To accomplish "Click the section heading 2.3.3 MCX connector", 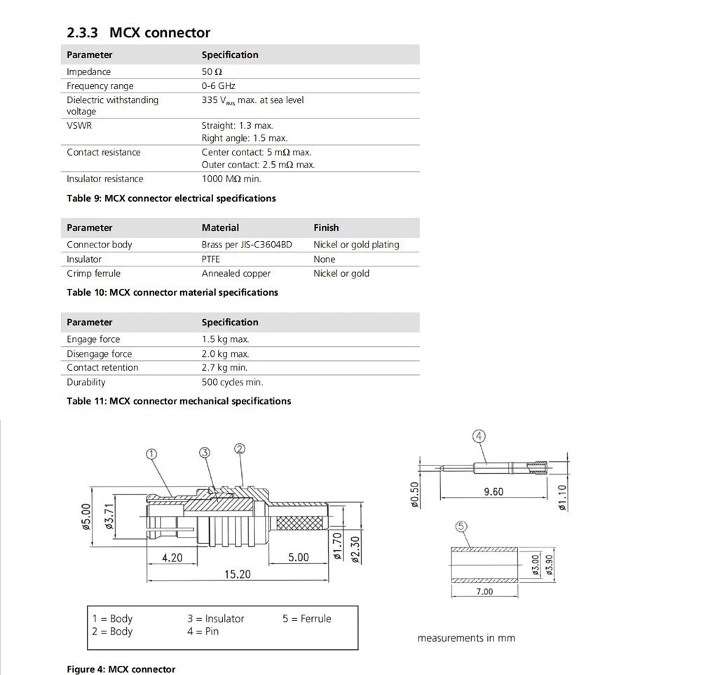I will tap(138, 32).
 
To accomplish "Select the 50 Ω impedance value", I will tap(212, 71).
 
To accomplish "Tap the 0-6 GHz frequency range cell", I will tap(218, 86).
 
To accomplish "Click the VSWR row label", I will tap(79, 125).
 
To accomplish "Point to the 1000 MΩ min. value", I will tap(231, 179).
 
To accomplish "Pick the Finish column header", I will tap(326, 228).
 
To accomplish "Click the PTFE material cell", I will tap(211, 259).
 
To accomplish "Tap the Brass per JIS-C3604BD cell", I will tap(246, 245).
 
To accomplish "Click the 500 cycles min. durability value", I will tap(232, 382).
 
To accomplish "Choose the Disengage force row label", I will tap(99, 354).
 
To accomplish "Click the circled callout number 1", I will tap(151, 453).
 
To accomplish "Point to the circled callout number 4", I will tap(479, 436).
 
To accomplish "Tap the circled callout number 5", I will tap(461, 526).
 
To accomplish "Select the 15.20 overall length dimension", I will tap(237, 574).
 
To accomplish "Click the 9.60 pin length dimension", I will tap(494, 491).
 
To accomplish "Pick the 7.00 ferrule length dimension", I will tap(484, 592).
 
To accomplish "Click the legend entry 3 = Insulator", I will tap(215, 618).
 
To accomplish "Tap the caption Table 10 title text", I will tap(172, 292).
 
